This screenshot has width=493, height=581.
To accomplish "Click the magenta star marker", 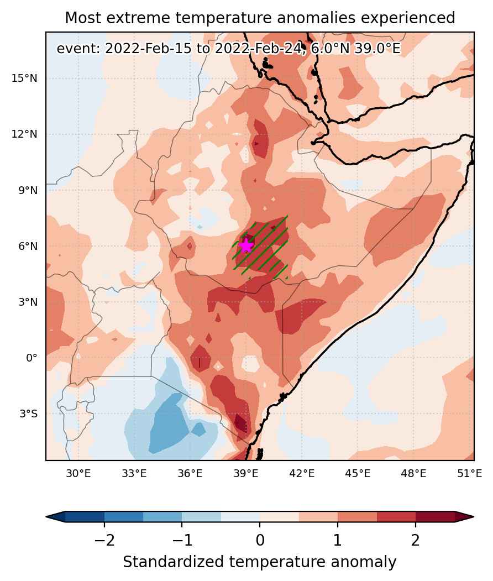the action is (246, 245).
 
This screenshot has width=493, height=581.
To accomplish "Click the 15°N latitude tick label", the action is (24, 78).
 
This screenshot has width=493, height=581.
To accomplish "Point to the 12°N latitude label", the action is (24, 134).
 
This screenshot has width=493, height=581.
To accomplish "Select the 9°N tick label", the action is (28, 191).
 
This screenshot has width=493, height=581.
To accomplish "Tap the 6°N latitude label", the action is (28, 247).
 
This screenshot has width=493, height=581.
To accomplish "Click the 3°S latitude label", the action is (29, 414).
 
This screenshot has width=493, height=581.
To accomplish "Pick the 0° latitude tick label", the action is (32, 358).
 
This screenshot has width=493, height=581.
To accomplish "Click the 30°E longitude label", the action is (78, 474).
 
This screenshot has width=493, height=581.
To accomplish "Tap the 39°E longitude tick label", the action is (246, 474).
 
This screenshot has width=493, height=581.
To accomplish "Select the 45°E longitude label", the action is (358, 474).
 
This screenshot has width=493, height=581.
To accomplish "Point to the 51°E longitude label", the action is (470, 474).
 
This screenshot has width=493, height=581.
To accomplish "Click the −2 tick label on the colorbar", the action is (104, 540).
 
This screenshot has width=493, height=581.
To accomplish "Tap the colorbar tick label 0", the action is (260, 540).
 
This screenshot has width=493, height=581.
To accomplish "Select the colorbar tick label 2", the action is (416, 540).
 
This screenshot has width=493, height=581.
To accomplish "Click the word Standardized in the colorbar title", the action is (174, 562).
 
